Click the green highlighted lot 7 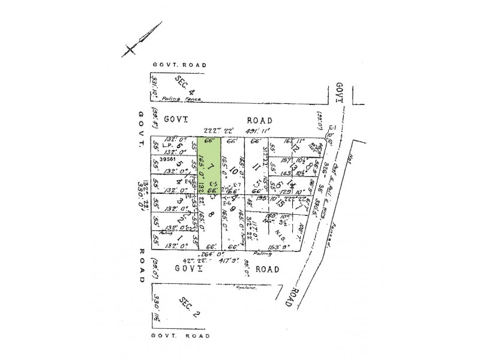(x=209, y=174)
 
